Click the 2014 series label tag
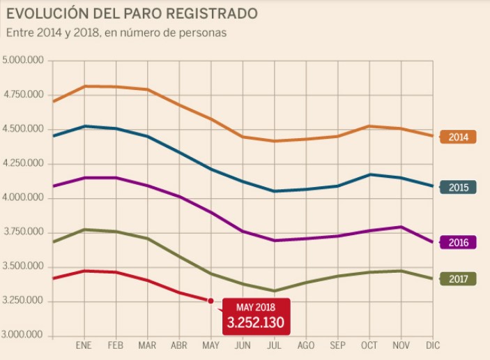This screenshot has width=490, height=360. point(459,137)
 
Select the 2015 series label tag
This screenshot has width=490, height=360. point(459,187)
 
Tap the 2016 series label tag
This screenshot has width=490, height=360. point(459,243)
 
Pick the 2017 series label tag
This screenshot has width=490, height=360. point(459,279)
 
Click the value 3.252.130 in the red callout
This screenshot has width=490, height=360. point(255,323)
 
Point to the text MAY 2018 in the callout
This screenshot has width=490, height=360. point(255,307)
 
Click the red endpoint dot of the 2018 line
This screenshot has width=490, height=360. point(210,301)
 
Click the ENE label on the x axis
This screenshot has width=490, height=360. point(84,346)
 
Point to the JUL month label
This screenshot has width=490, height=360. point(275,346)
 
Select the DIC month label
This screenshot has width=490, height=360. point(433,346)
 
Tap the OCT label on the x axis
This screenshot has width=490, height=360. point(369,346)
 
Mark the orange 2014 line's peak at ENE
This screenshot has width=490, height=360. point(84,86)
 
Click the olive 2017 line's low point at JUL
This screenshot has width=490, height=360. point(275,291)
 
